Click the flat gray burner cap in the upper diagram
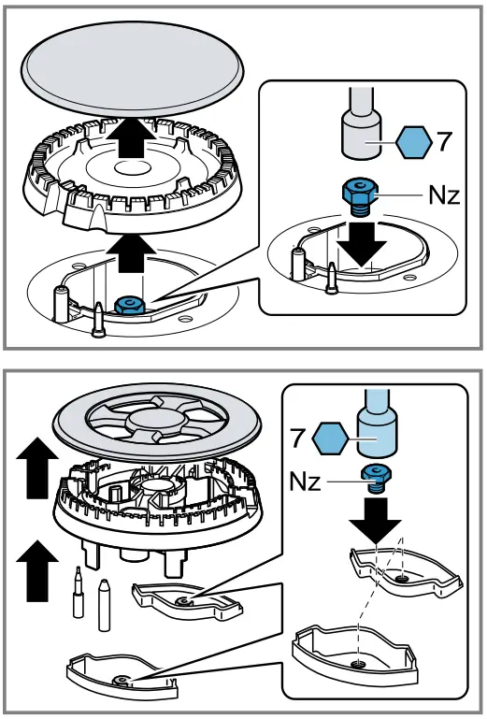click(133, 70)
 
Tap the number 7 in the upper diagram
click(444, 142)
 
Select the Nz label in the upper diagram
click(444, 195)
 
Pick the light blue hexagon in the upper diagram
click(414, 143)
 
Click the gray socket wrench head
click(362, 135)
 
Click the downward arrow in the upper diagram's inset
click(362, 243)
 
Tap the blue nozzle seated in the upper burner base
click(130, 305)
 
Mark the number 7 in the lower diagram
click(298, 437)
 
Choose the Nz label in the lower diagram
click(305, 482)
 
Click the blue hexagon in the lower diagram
click(329, 439)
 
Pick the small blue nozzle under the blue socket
click(376, 479)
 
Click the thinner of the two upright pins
click(79, 592)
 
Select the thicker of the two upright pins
click(104, 604)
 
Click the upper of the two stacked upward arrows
click(37, 467)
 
